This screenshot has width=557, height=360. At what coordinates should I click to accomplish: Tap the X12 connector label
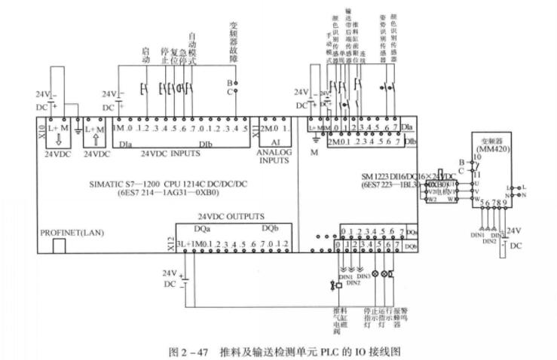(x=170, y=243)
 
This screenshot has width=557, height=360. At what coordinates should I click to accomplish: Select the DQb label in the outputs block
(x=270, y=228)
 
